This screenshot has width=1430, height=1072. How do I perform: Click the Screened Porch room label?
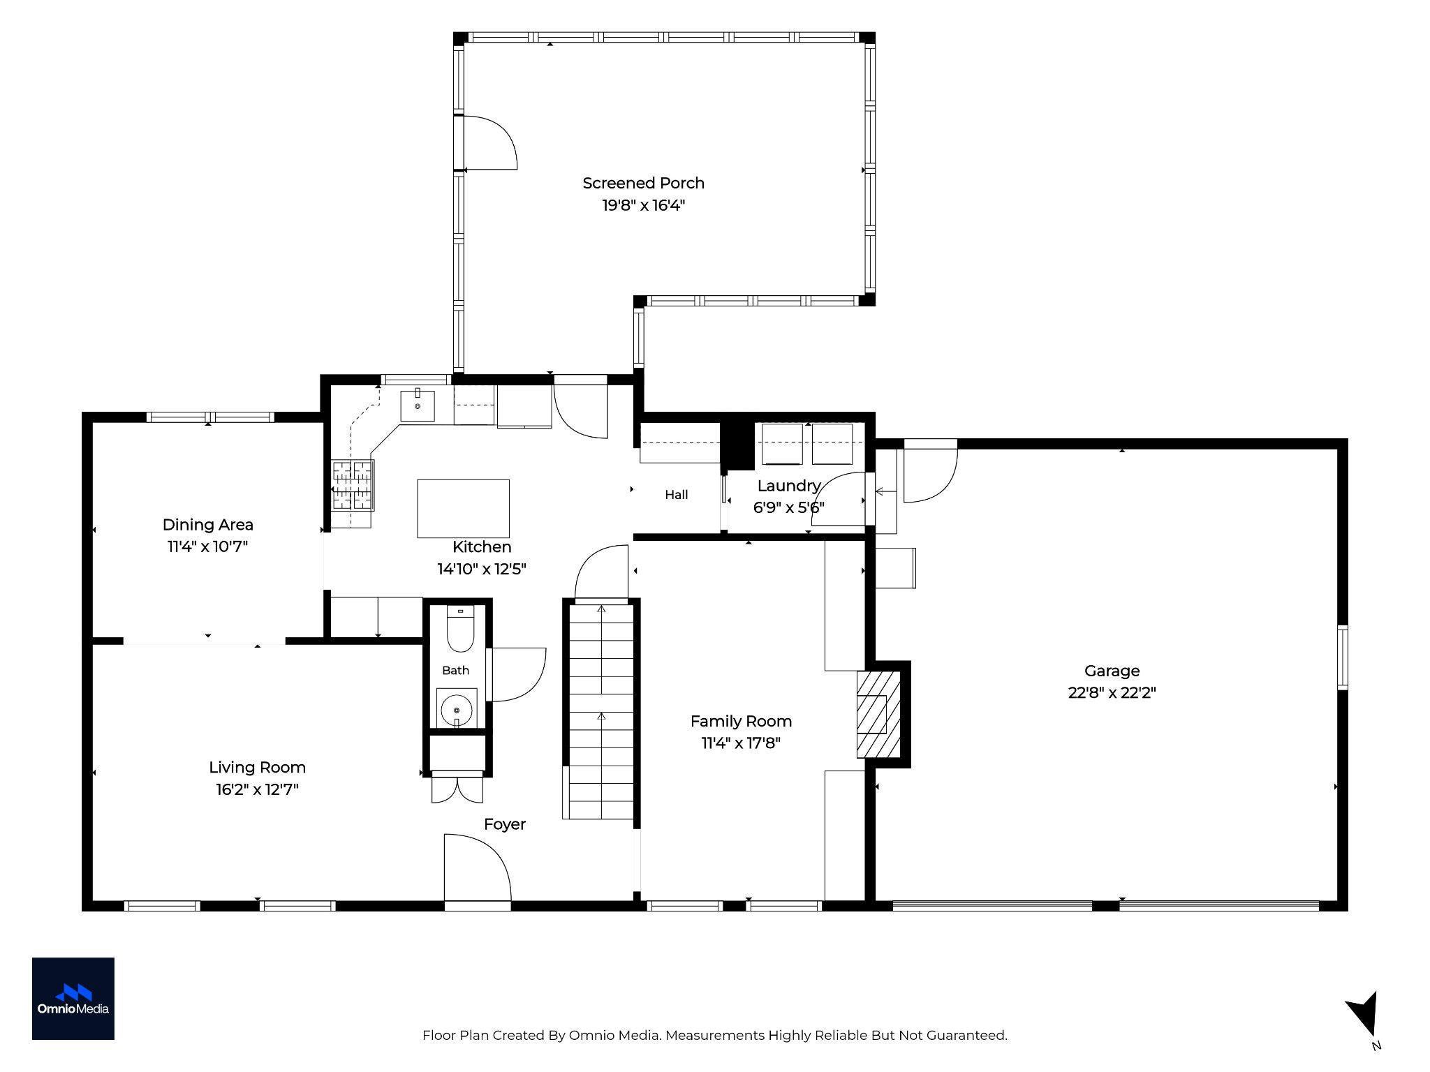click(643, 183)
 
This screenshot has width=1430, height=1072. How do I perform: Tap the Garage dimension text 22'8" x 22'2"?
click(1112, 692)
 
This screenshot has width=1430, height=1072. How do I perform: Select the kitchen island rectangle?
click(463, 508)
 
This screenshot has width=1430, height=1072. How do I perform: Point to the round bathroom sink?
click(457, 710)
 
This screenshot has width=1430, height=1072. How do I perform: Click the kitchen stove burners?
click(353, 486)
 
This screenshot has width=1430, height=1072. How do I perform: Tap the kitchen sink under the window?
click(418, 406)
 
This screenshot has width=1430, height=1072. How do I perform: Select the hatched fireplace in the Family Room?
click(878, 714)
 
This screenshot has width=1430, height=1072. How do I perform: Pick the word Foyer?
click(504, 824)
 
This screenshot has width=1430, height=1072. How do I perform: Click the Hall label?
click(676, 495)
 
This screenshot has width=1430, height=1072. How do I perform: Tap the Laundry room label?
click(788, 486)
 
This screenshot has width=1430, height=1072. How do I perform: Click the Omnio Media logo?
click(73, 998)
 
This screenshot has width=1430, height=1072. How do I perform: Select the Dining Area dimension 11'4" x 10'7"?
click(207, 546)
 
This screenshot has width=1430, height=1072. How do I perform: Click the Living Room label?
click(257, 768)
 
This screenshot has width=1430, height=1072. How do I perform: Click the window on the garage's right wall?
click(1342, 657)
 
